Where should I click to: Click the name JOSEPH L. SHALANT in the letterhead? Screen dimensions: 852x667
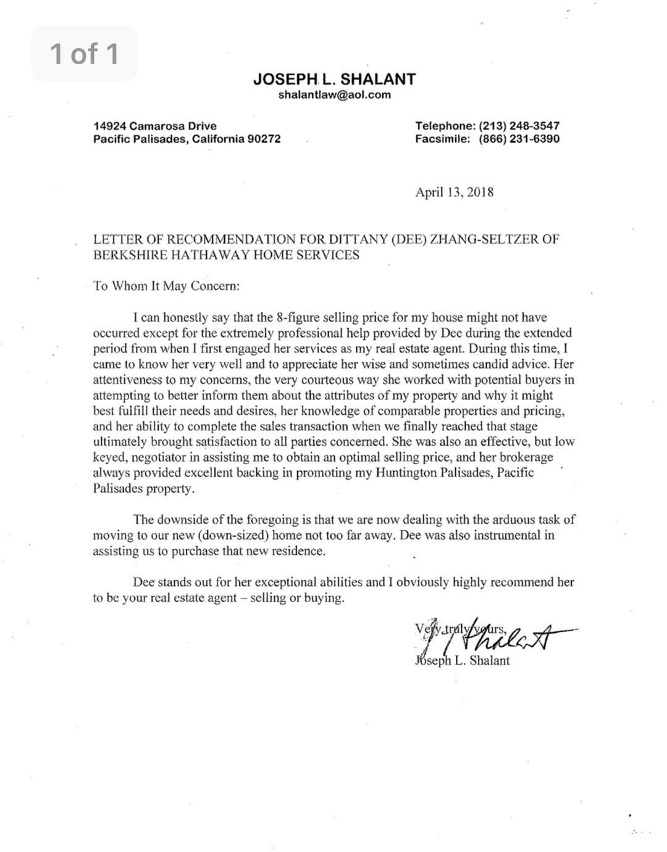click(334, 79)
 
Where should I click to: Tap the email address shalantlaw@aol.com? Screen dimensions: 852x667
click(334, 94)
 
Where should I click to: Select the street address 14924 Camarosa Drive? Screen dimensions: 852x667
click(154, 126)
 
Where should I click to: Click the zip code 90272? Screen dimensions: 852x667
click(264, 139)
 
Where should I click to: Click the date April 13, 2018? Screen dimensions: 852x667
click(454, 192)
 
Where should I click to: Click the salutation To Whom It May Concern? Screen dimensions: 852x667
click(166, 286)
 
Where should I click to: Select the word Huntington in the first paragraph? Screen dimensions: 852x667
click(411, 473)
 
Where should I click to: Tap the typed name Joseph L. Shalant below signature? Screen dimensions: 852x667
click(463, 661)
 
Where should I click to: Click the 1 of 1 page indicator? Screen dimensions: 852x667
click(84, 54)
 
